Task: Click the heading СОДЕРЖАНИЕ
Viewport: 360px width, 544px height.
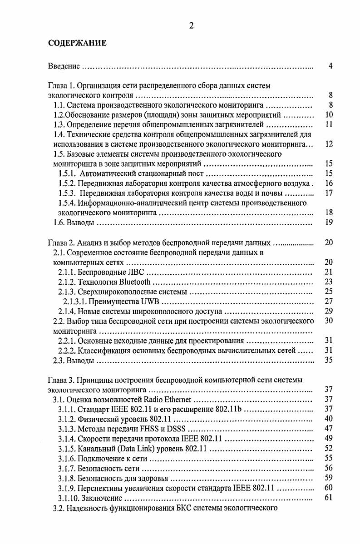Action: tap(77, 44)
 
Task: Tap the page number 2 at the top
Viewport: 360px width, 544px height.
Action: tap(191, 26)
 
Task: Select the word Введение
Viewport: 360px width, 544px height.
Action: tap(64, 66)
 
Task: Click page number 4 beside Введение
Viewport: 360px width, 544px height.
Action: tap(331, 66)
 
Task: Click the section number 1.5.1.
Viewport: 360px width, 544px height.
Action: tap(67, 173)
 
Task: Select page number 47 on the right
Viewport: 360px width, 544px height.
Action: tap(330, 428)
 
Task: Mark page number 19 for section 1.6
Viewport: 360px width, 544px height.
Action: tap(330, 222)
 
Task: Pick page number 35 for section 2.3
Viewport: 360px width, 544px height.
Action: tap(330, 361)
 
